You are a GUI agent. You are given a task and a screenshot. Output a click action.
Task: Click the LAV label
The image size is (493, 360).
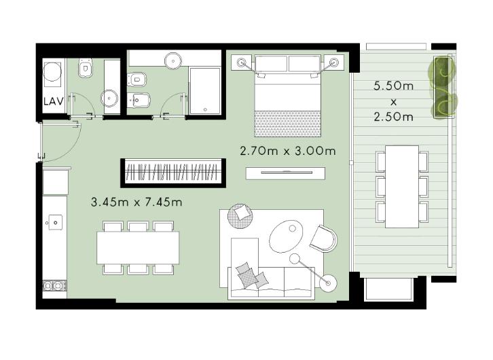[x=54, y=102]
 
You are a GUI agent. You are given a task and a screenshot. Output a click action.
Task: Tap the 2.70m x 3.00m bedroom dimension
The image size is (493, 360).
[x=288, y=151]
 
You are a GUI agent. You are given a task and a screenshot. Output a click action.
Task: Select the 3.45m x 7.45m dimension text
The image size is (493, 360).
[x=136, y=202]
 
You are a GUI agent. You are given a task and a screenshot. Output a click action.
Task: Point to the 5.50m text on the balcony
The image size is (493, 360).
[x=393, y=86]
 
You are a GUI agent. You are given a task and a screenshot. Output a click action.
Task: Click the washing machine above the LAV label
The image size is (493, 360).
[x=52, y=72]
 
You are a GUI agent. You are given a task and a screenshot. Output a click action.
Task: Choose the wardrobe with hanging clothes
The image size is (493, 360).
[x=173, y=173]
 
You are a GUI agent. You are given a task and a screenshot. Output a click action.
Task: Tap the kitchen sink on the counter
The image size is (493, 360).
[x=55, y=223]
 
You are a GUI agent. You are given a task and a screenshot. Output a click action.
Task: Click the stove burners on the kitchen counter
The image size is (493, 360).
[x=54, y=286]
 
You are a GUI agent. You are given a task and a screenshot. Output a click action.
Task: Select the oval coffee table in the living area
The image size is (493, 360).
[x=286, y=236]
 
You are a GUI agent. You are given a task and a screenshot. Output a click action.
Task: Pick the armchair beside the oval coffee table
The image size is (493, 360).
[x=323, y=238]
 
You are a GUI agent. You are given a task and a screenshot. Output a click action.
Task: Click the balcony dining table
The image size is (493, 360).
[x=402, y=187]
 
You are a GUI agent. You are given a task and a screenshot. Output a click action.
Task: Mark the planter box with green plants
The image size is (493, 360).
[x=443, y=88]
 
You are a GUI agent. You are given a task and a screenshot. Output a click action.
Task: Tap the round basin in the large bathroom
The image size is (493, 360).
[x=173, y=60]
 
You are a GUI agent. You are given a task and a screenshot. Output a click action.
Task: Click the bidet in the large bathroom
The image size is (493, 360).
[x=136, y=101]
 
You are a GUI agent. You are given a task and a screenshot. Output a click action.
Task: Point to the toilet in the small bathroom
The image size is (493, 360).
[x=85, y=68]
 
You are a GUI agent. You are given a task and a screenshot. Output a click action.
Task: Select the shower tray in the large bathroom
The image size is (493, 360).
[x=204, y=91]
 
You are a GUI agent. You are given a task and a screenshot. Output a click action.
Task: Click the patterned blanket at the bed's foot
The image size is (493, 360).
[x=288, y=124]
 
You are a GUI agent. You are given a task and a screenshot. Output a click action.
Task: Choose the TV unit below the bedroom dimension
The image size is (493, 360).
[x=285, y=173]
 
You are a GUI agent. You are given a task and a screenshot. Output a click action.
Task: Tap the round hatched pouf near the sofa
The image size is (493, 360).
[x=240, y=216]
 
